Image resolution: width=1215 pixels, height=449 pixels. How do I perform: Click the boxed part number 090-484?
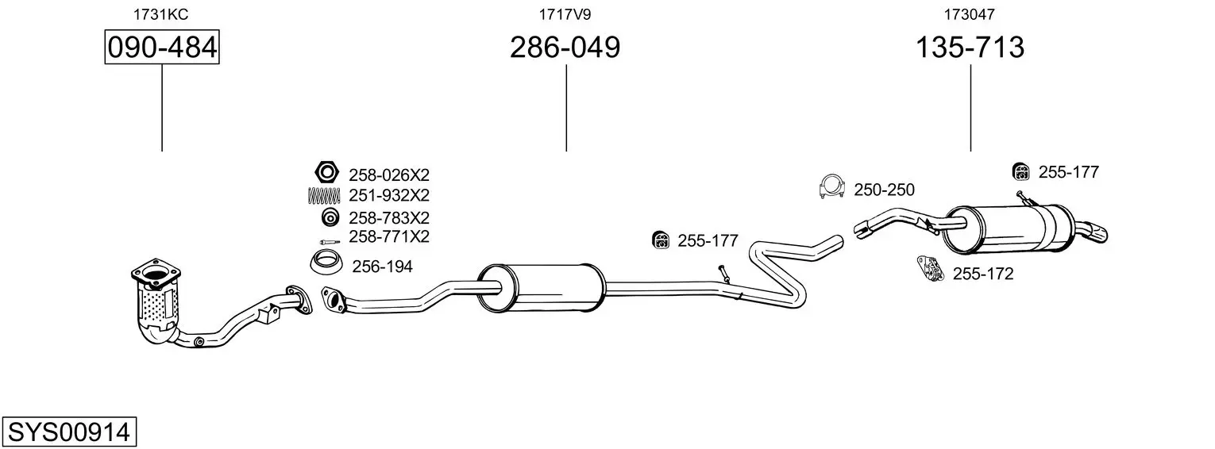(162, 47)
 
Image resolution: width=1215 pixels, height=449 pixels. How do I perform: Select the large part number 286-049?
(565, 47)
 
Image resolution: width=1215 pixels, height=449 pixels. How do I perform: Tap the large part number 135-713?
(970, 47)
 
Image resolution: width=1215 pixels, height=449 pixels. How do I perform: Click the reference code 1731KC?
(161, 14)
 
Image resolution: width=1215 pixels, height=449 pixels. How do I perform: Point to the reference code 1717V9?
(565, 14)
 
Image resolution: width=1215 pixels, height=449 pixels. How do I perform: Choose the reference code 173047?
(970, 14)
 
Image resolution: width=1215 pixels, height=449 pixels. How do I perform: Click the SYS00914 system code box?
(69, 432)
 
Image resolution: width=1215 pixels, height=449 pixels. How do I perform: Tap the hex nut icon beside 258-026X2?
(326, 172)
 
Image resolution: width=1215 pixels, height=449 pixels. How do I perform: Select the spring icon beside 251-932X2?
(324, 195)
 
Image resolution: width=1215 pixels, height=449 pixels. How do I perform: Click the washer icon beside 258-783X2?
(330, 217)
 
